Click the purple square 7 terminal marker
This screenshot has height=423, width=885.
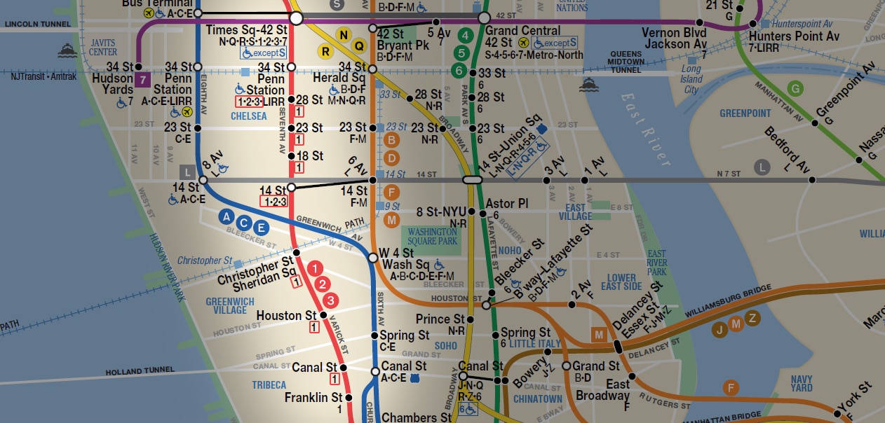point(143,80)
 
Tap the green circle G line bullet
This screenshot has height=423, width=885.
point(795,88)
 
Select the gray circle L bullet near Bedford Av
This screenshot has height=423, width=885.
point(762,167)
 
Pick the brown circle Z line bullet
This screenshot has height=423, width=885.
point(752,318)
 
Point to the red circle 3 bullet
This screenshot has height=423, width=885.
point(331,300)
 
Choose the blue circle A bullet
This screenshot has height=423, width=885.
point(227,217)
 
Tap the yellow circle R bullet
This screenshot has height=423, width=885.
point(325,50)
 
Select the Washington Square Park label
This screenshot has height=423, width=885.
point(432,237)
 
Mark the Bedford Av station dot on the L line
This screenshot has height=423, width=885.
point(812,180)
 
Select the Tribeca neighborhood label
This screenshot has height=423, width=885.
point(269,385)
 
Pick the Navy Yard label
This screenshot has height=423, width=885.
point(802,383)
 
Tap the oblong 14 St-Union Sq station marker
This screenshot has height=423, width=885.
point(473,180)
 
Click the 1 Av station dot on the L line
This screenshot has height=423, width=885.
point(585,180)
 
